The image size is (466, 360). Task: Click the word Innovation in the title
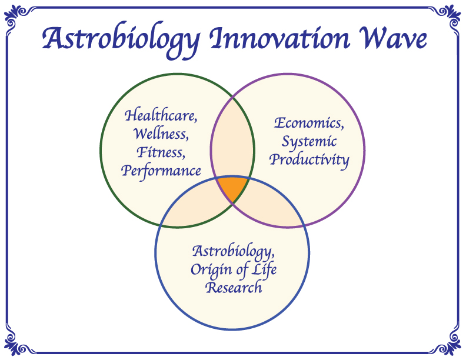[279, 38]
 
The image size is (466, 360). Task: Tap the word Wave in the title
[393, 38]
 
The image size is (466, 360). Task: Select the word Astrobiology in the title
[121, 41]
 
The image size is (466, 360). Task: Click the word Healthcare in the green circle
[161, 115]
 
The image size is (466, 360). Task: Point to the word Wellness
[161, 134]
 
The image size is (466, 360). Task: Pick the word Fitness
[161, 152]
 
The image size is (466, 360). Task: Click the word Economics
[309, 123]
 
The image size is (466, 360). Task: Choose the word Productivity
[309, 161]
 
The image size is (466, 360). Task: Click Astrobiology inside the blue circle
[234, 252]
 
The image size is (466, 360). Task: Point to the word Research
[234, 288]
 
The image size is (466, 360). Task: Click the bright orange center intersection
[232, 188]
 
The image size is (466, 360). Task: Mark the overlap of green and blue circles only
[193, 208]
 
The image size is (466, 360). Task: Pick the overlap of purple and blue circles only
[272, 208]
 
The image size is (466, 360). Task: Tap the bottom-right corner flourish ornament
[450, 342]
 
